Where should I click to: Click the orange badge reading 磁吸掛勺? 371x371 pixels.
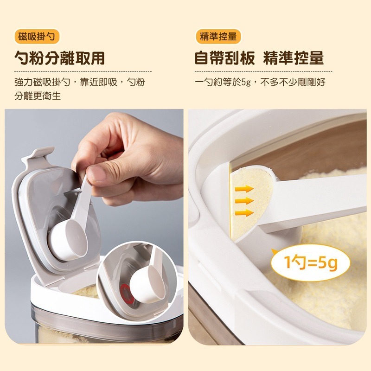37,37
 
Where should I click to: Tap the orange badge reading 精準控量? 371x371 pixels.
218,37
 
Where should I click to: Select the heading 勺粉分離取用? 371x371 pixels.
59,58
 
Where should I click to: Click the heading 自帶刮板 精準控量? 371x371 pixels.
259,58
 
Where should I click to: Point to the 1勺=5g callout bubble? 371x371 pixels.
310,262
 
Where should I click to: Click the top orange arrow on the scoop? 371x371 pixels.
244,189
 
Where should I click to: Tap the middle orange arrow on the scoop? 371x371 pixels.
244,201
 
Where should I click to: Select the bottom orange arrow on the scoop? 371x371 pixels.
244,212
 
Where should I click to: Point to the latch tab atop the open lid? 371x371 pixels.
38,156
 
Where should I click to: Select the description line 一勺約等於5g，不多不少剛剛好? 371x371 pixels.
260,83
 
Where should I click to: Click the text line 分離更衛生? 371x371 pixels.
38,96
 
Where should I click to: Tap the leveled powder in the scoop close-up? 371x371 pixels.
251,204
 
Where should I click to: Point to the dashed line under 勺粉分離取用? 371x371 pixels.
83,71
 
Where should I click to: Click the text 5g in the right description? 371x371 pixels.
246,83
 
